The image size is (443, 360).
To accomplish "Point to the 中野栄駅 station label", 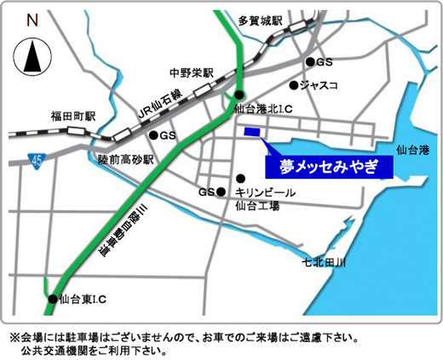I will (x=190, y=72).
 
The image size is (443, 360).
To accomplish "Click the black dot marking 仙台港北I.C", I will (x=240, y=94).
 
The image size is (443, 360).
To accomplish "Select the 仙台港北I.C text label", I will (x=265, y=108).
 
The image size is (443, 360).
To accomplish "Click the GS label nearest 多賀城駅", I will (x=325, y=62).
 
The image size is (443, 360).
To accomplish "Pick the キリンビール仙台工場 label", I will (x=265, y=199).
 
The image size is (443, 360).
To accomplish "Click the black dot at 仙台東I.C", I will (x=52, y=299).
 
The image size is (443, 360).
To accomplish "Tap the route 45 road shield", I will (x=35, y=159).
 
